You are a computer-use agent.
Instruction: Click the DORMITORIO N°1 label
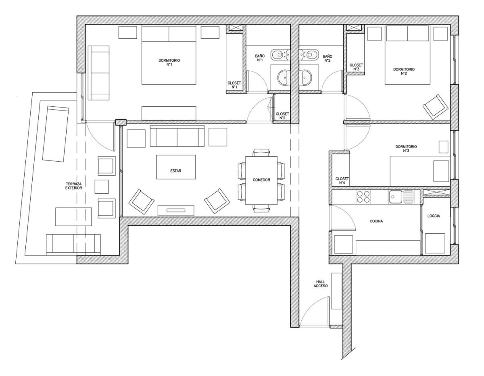click(169, 62)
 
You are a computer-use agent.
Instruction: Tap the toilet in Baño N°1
click(278, 54)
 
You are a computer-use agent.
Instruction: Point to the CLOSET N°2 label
click(282, 116)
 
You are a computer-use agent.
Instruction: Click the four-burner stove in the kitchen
click(363, 197)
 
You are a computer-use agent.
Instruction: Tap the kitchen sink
click(401, 197)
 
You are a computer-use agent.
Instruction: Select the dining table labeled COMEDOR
click(261, 181)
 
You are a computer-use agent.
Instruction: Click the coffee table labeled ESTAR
click(176, 167)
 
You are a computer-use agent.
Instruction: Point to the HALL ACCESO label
click(321, 284)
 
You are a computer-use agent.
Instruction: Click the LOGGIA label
click(434, 216)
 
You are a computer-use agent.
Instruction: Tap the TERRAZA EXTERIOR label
click(73, 186)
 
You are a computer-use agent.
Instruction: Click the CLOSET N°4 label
click(342, 181)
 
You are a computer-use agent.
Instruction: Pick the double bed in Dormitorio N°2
click(407, 55)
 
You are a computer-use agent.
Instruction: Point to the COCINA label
click(376, 221)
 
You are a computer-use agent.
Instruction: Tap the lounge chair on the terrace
click(56, 134)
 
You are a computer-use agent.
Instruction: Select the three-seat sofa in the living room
click(177, 136)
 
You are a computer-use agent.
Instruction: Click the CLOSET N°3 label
click(356, 67)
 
